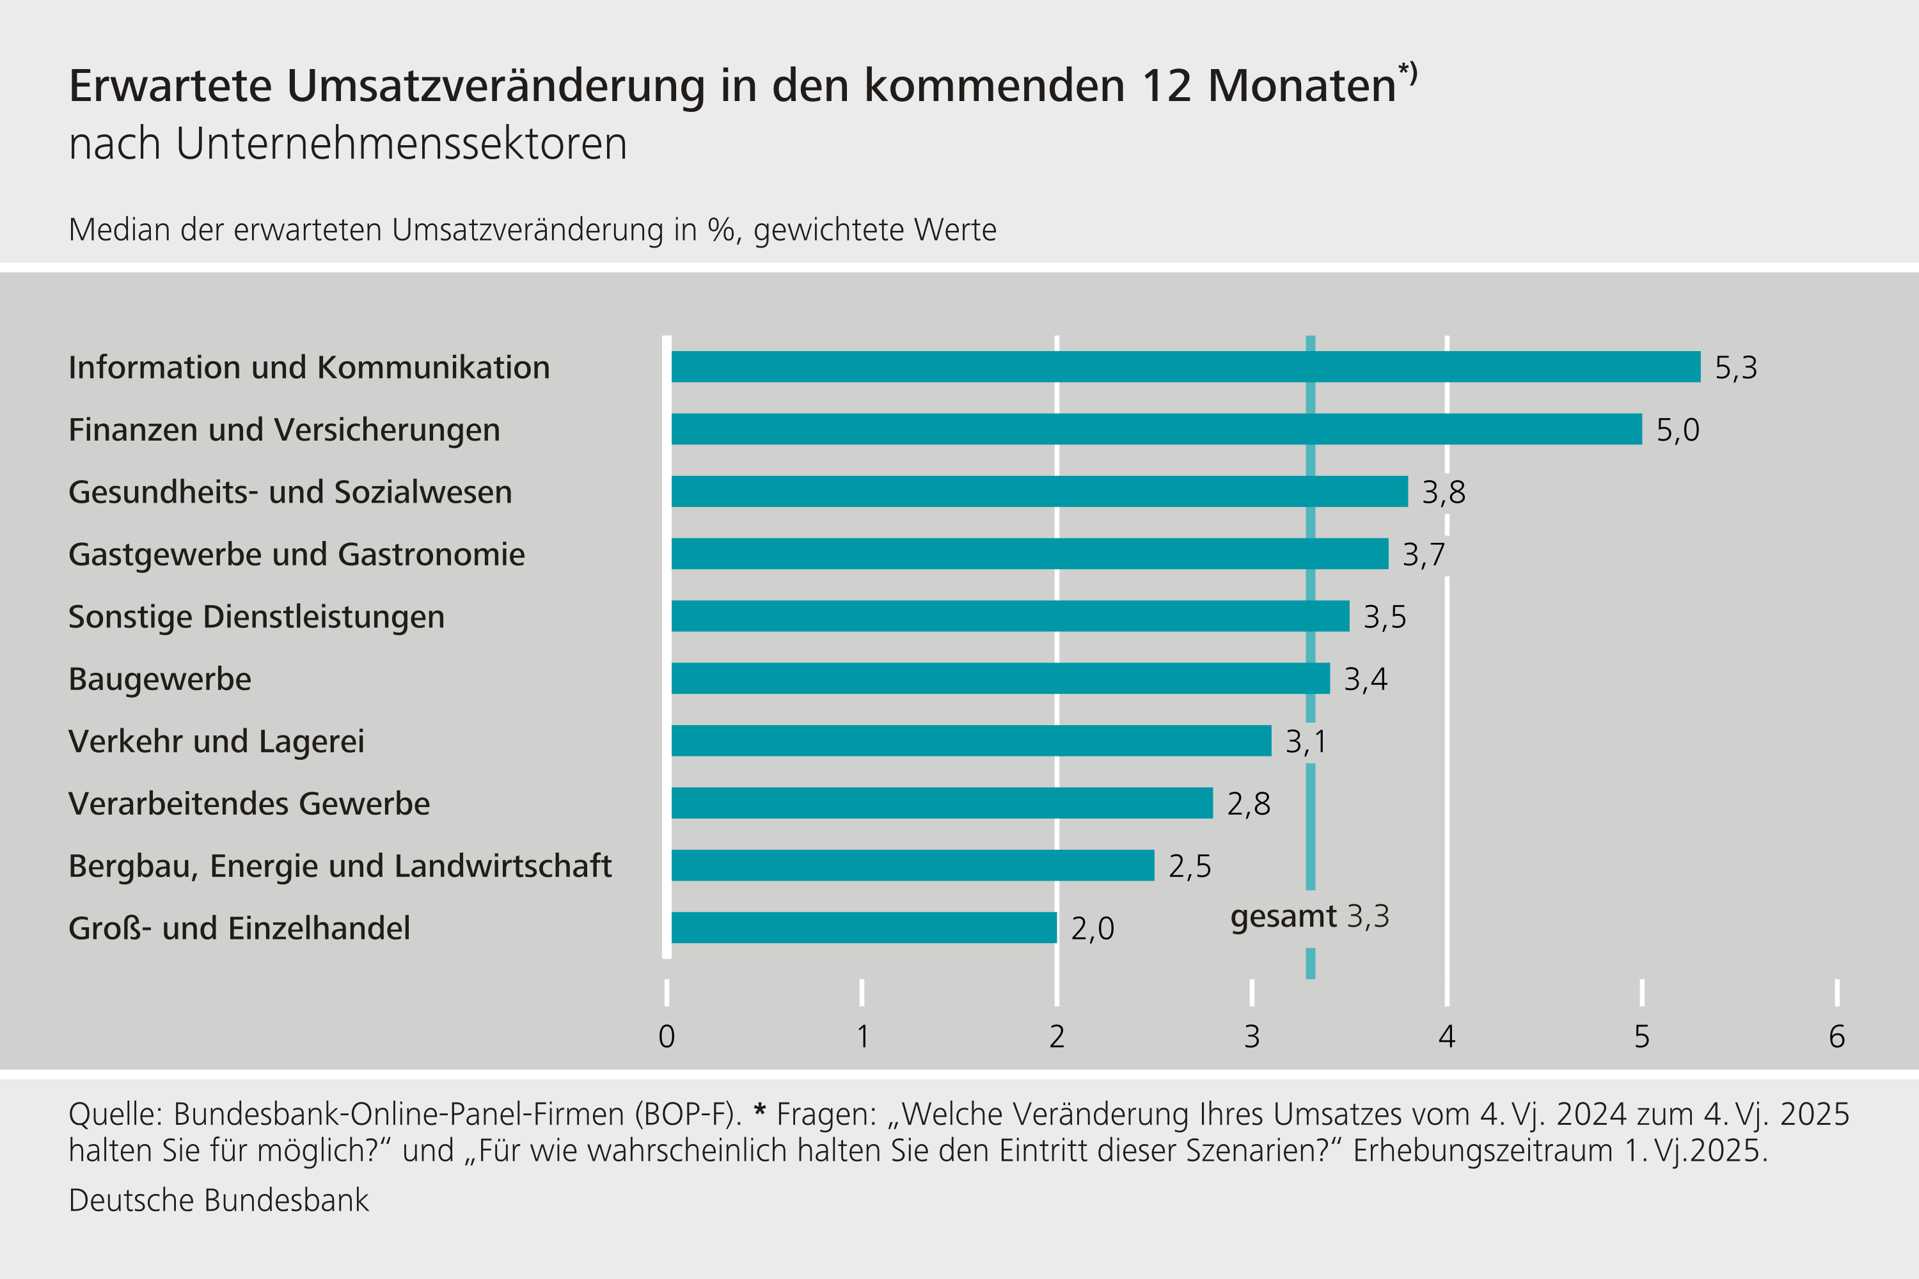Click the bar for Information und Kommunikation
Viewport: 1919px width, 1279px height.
(1185, 367)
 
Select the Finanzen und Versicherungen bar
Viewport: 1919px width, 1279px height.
(1155, 429)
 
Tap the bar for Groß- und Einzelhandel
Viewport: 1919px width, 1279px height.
(863, 927)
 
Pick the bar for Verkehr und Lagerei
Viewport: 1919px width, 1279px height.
(971, 741)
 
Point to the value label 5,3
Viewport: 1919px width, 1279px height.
(1735, 368)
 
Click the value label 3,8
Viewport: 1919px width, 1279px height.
(1443, 492)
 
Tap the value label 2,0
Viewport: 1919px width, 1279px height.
(1092, 929)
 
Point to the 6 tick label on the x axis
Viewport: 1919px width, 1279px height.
(1836, 1037)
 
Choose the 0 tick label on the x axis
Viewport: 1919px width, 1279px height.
(667, 1037)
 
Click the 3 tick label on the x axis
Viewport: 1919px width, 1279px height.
(1252, 1037)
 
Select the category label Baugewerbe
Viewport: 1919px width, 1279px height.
(160, 679)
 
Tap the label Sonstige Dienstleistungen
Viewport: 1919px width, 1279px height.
(257, 616)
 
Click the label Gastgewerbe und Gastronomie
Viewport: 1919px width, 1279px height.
(296, 554)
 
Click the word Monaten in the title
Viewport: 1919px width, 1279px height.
(1301, 86)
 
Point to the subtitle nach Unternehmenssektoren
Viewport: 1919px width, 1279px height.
(347, 145)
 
